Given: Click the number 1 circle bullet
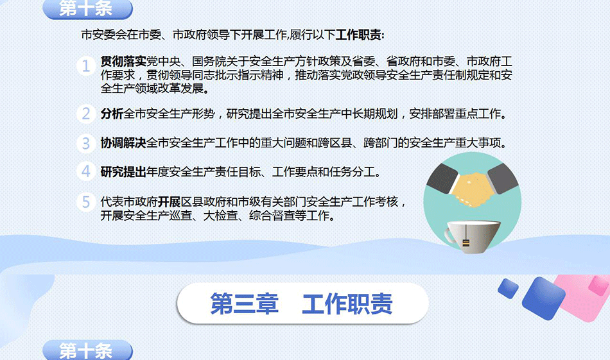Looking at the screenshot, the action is click(86, 65).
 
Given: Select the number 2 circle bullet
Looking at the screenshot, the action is click(86, 114).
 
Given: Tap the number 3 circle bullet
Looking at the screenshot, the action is click(86, 143).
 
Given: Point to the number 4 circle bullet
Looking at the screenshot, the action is click(86, 171).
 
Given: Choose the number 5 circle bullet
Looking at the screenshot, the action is click(86, 201).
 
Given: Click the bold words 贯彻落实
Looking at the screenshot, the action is click(123, 61).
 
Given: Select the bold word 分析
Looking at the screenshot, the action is click(112, 114).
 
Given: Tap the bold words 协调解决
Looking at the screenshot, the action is click(123, 143).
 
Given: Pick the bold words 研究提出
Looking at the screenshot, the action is click(123, 171).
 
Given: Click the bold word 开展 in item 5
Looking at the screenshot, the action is click(170, 201).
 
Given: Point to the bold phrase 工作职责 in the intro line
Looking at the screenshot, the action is click(358, 35).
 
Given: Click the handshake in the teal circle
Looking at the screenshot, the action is click(473, 186).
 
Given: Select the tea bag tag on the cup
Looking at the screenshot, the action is click(466, 243).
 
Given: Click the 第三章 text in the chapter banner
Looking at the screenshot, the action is click(244, 304).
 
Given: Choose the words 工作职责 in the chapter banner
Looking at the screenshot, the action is click(347, 304).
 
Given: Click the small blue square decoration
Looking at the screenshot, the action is click(508, 289).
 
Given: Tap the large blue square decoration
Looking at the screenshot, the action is click(543, 298).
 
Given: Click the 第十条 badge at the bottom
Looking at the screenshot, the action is click(87, 350).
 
